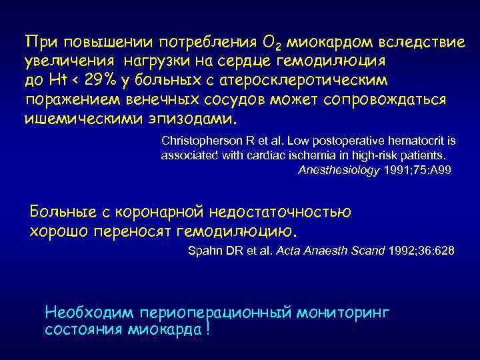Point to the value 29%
[103, 80]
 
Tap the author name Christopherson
[202, 141]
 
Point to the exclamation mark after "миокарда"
[208, 330]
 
